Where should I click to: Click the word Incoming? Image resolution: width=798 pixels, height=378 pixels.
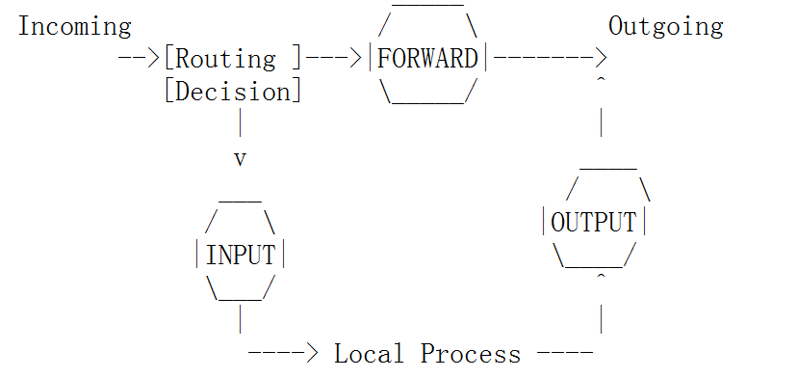[x=74, y=26]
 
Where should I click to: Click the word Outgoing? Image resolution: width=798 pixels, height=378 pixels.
[x=665, y=26]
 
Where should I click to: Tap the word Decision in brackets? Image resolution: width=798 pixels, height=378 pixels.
[x=233, y=93]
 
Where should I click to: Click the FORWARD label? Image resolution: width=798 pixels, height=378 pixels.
[x=427, y=59]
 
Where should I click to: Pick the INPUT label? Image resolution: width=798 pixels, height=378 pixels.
[x=241, y=256]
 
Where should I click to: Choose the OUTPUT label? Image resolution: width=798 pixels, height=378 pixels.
[x=594, y=223]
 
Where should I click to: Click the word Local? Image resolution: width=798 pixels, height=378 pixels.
[x=369, y=354]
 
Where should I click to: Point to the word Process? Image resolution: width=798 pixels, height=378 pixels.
[x=470, y=354]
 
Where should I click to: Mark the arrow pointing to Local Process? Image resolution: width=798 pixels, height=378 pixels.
[x=283, y=354]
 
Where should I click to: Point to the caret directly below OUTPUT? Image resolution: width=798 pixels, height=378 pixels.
[x=601, y=278]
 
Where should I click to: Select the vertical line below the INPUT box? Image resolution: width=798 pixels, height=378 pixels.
[x=240, y=318]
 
